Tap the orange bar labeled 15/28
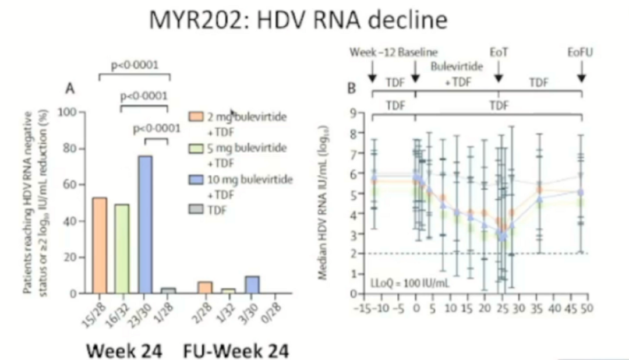[x=100, y=245]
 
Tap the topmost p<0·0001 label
[x=134, y=65]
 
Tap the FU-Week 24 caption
[x=236, y=351]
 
